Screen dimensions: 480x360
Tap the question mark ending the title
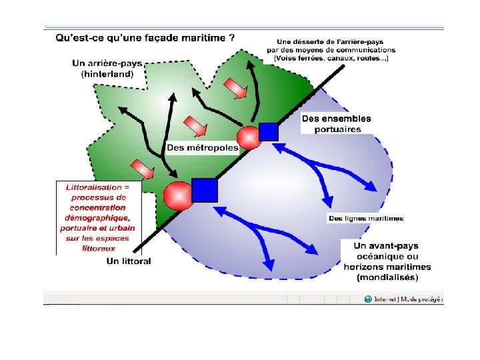coord(231,38)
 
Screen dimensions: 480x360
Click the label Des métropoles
coord(202,147)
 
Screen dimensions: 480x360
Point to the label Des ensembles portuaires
coord(336,123)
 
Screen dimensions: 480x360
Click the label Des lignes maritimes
coord(366,218)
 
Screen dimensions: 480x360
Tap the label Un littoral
coord(129,261)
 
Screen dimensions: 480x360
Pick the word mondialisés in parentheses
coord(387,277)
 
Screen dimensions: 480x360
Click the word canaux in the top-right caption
coord(330,59)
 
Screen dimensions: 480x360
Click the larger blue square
coord(205,191)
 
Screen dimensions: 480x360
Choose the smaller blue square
coord(268,131)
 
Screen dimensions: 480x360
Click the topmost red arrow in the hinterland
coord(234,87)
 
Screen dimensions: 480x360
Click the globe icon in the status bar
coord(368,299)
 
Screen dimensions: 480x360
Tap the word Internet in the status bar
coord(385,299)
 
